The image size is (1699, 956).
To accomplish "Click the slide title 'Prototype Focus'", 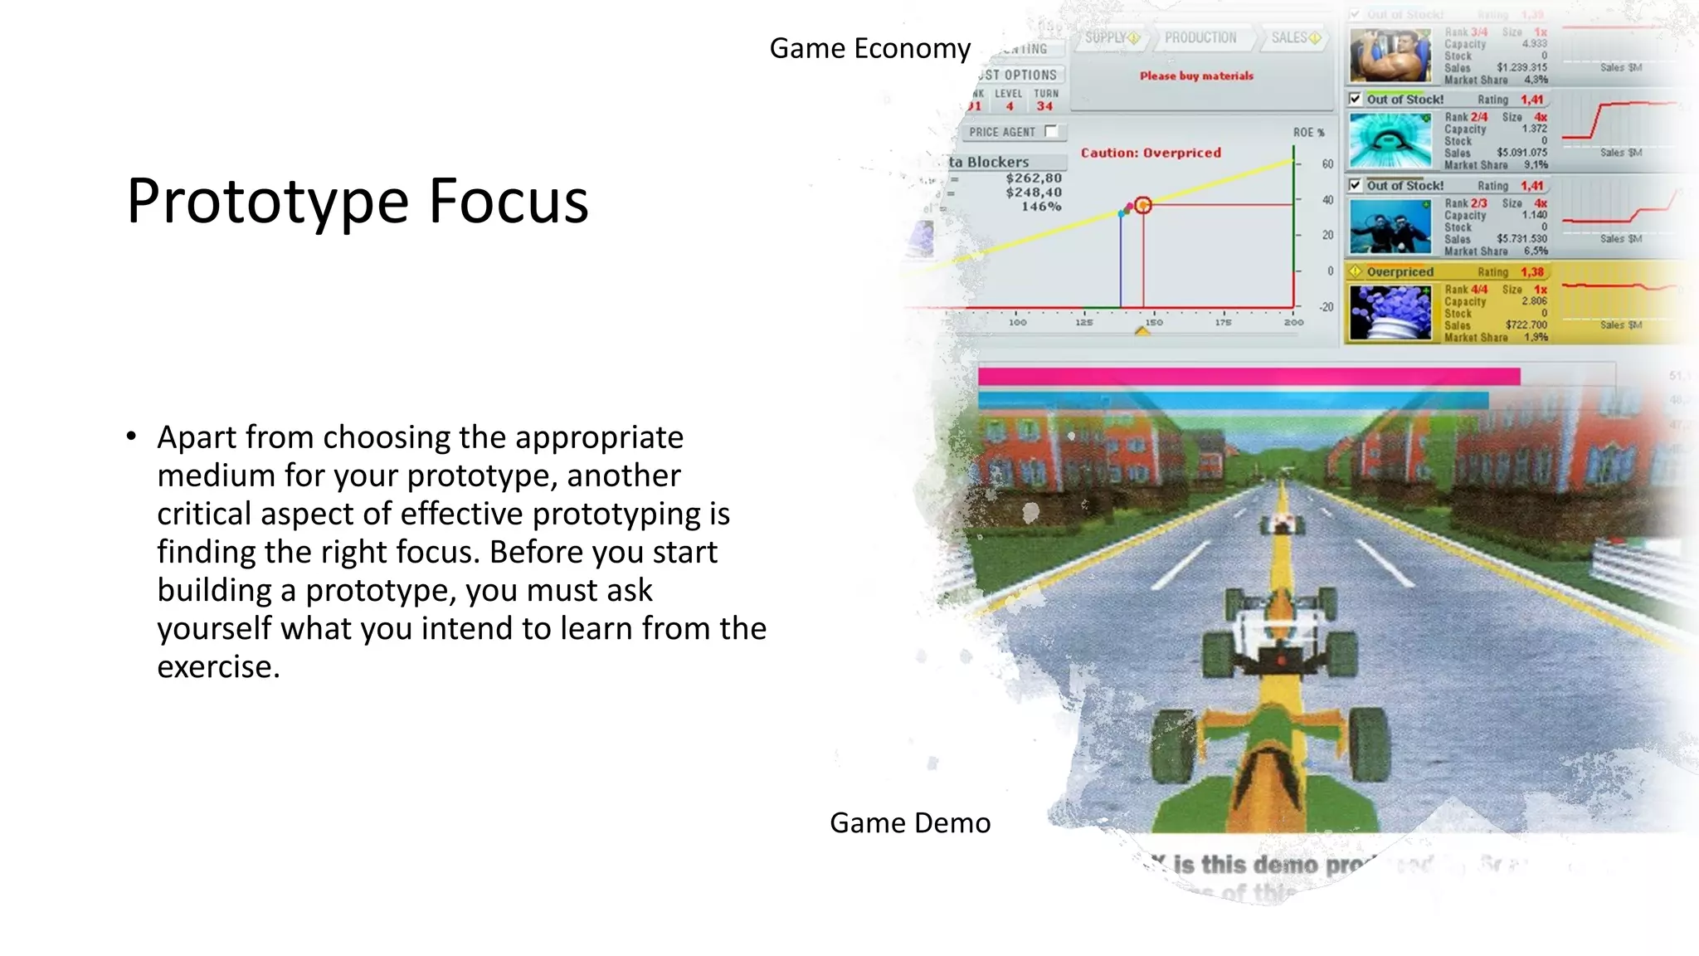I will coord(358,201).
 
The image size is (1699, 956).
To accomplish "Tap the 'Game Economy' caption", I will coord(869,48).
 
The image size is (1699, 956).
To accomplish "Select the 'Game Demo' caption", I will coord(910,822).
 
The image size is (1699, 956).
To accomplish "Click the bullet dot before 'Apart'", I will coord(131,437).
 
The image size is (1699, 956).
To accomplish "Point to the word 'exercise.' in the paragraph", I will coord(219,666).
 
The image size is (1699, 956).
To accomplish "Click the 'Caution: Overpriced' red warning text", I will coord(1151,153).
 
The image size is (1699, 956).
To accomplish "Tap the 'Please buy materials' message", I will coord(1196,76).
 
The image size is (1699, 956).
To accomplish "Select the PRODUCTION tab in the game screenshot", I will coord(1200,38).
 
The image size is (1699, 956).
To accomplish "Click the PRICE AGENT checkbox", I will coord(1051,131).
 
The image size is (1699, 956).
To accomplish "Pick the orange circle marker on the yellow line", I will coord(1143,205).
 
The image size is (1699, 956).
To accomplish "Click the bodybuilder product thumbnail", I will coord(1390,56).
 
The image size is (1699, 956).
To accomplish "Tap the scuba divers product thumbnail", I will coord(1390,227).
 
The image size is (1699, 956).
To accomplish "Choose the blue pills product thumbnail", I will coord(1390,313).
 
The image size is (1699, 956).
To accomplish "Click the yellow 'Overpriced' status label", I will coord(1400,271).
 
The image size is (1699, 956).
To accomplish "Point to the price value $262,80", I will coord(1033,178).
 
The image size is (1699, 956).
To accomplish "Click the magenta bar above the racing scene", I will coord(1249,377).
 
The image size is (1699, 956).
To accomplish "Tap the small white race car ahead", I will coord(1283,523).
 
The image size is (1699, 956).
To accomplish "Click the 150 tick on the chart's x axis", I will coord(1154,322).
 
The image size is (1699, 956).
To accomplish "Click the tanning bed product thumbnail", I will coord(1390,141).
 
